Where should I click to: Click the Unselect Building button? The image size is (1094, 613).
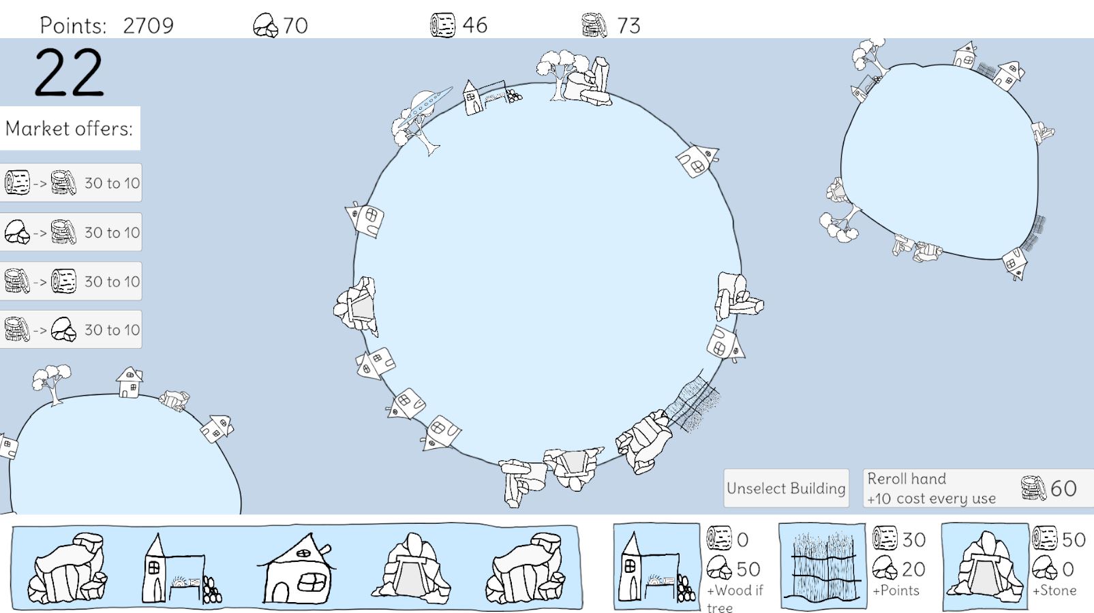[786, 488]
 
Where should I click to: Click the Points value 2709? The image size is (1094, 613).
[148, 25]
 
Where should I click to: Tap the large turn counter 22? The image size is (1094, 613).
[69, 72]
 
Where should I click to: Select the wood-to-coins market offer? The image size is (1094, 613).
[71, 183]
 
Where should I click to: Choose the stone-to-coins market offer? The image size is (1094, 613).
[71, 232]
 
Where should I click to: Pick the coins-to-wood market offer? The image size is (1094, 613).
[71, 281]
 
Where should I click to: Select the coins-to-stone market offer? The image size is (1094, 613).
[71, 330]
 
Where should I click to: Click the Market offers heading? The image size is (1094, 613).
[69, 128]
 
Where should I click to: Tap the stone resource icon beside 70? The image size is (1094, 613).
[266, 25]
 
